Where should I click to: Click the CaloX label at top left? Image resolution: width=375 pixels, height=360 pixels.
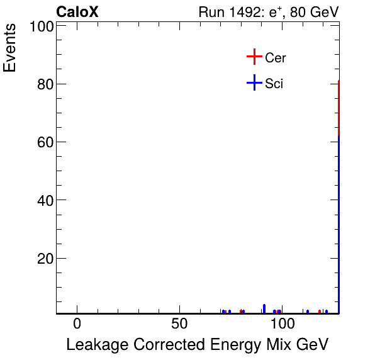click(77, 12)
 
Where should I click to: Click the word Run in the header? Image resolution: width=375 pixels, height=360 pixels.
click(211, 12)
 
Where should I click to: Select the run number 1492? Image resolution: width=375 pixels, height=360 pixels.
click(243, 12)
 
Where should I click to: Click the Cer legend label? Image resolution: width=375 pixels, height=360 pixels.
click(276, 58)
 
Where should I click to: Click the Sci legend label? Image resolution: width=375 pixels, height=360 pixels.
click(274, 83)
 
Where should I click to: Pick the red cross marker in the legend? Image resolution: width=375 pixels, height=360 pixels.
click(254, 57)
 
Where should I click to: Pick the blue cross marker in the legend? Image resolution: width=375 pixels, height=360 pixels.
click(254, 82)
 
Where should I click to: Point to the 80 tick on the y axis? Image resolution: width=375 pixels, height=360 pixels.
click(43, 84)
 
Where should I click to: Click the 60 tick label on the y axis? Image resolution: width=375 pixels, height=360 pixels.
click(43, 142)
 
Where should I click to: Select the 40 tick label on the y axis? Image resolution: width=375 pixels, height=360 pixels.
click(43, 200)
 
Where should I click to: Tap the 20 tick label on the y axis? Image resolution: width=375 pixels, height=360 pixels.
click(43, 259)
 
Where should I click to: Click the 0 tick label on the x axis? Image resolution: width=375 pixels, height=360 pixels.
click(77, 324)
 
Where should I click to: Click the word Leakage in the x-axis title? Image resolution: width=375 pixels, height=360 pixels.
click(94, 345)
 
